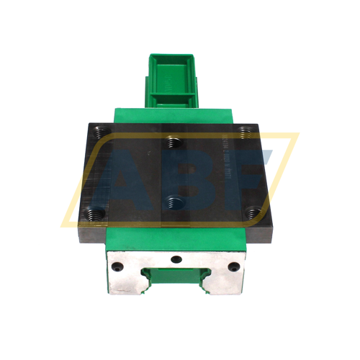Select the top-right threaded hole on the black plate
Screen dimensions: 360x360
click(246, 130)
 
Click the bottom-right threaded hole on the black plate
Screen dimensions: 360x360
click(251, 212)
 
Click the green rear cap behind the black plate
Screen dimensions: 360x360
click(173, 115)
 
